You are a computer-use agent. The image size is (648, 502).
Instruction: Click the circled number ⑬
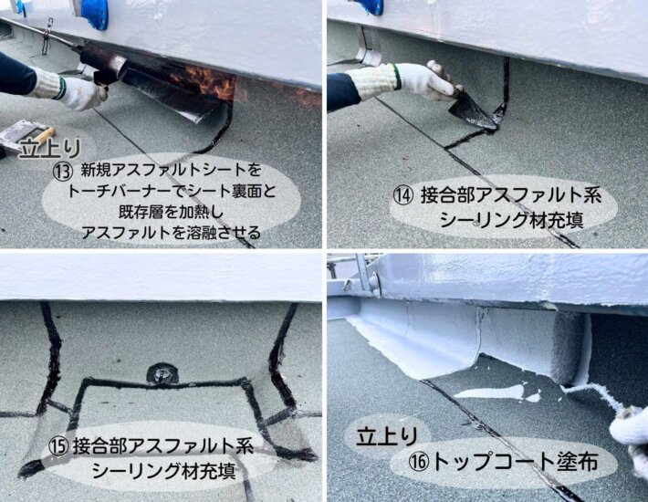[x=63, y=172]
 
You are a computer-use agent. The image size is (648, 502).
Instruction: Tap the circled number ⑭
[x=402, y=195]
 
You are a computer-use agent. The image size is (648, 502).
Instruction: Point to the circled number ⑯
[x=419, y=462]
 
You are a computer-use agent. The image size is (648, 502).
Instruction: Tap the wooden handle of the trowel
[x=44, y=135]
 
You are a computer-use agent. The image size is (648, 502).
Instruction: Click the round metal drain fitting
[x=162, y=373]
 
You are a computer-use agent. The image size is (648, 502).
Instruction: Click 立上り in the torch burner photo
[x=49, y=149]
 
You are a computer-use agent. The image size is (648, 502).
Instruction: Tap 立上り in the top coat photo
[x=387, y=435]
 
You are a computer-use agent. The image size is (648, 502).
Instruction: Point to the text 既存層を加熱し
[x=171, y=213]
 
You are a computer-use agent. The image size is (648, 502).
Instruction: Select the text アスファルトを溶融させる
[x=171, y=233]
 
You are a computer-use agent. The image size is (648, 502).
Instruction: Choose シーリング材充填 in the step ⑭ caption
[x=512, y=219]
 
